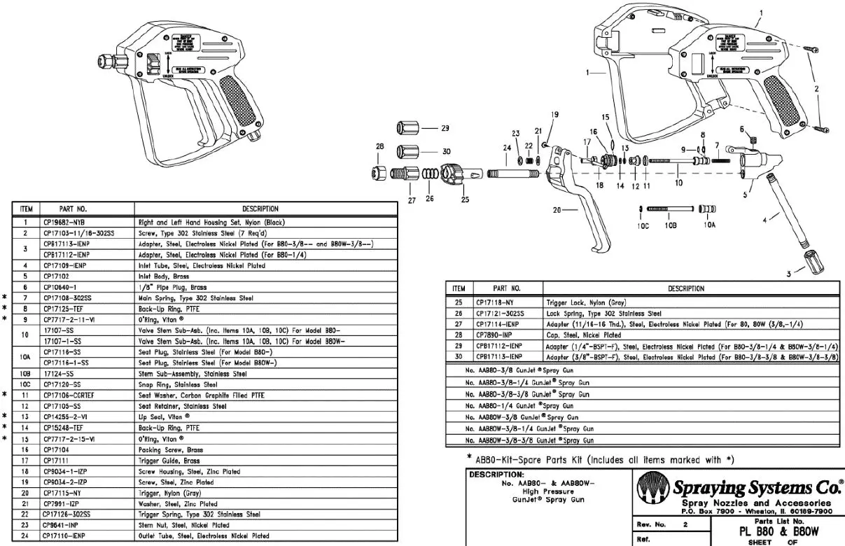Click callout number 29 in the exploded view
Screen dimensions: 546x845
tap(445, 128)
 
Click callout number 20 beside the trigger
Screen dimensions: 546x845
tap(558, 209)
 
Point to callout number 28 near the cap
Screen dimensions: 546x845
tap(380, 146)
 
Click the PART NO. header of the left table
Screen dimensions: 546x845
tap(87, 209)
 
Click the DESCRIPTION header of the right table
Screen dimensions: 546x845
tap(685, 288)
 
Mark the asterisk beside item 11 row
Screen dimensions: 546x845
tap(4, 395)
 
